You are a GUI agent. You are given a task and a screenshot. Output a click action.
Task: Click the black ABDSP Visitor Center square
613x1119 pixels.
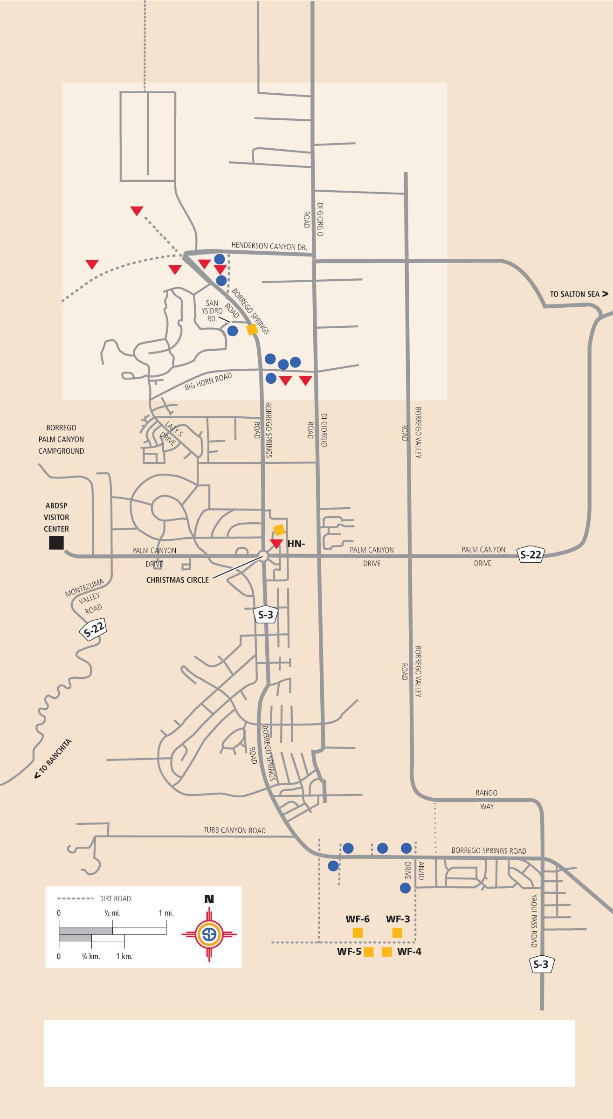point(56,543)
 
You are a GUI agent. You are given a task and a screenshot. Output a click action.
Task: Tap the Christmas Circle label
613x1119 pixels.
point(178,580)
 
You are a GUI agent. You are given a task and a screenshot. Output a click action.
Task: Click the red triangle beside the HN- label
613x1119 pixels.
point(276,544)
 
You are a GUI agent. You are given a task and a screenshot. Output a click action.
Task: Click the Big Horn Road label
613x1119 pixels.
point(208,381)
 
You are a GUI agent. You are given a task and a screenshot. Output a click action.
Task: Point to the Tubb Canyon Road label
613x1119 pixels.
point(234,830)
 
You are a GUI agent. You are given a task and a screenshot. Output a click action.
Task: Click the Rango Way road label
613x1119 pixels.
point(487,800)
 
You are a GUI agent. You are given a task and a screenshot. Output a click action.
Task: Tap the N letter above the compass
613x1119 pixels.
point(209,899)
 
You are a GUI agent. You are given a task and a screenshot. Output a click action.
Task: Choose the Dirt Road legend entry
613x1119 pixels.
point(115,898)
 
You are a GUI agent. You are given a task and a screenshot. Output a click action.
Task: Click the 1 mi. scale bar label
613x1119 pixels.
point(166,913)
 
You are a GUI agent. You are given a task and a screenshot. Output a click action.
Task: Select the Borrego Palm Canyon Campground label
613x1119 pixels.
point(61,439)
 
